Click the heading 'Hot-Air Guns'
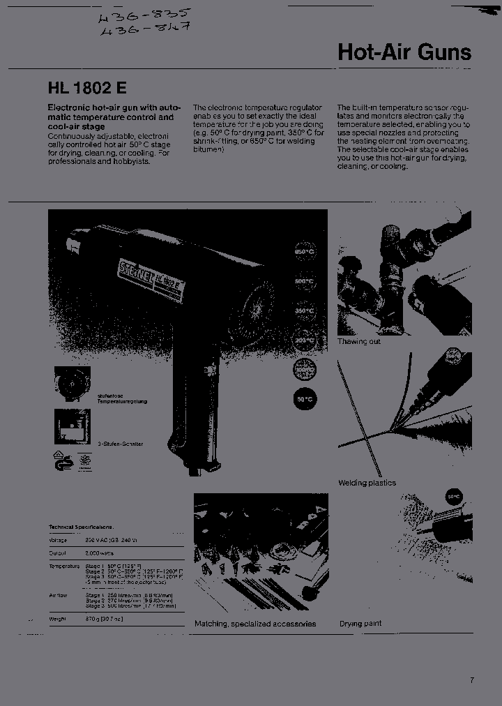404,52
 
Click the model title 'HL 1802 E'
87,89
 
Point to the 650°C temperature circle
305,251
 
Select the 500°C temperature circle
305,282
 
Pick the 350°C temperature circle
305,310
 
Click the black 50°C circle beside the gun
305,398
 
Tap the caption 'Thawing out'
359,342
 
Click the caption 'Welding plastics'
367,483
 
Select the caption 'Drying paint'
360,623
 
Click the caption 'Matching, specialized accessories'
255,624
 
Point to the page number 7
472,680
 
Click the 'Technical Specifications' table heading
81,527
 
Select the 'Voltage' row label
58,540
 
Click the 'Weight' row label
57,619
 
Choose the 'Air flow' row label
58,595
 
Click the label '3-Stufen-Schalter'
120,444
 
